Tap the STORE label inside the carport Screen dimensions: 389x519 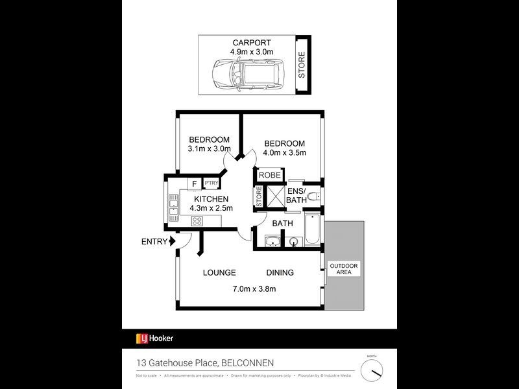point(302,66)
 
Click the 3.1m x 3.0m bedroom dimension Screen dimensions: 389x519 point(209,149)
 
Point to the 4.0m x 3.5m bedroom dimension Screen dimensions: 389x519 point(284,153)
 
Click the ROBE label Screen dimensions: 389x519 point(269,175)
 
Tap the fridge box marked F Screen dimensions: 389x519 point(193,183)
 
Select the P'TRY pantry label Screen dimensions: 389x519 point(211,183)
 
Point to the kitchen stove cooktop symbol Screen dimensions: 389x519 point(197,221)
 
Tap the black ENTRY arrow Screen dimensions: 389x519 point(173,242)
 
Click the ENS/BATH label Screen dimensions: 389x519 point(296,195)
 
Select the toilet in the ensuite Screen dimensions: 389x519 point(313,197)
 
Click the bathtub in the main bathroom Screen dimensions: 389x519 point(312,232)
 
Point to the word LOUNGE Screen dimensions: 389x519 point(219,273)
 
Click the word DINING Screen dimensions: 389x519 point(280,273)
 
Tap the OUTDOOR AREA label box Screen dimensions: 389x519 point(343,269)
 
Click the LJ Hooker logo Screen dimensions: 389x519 point(154,338)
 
